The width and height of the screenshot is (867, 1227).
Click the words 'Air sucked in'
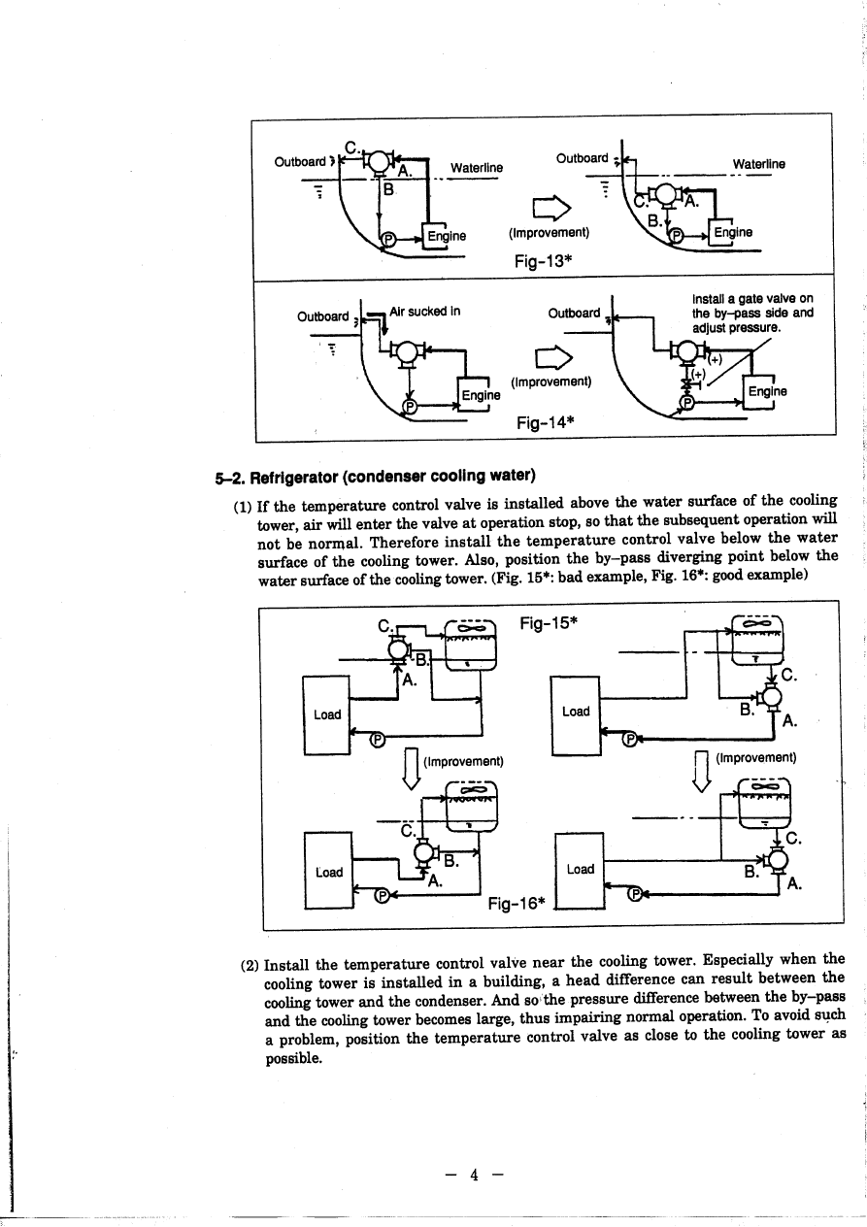click(x=423, y=312)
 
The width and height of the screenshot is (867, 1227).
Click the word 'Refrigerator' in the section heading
click(x=295, y=477)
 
